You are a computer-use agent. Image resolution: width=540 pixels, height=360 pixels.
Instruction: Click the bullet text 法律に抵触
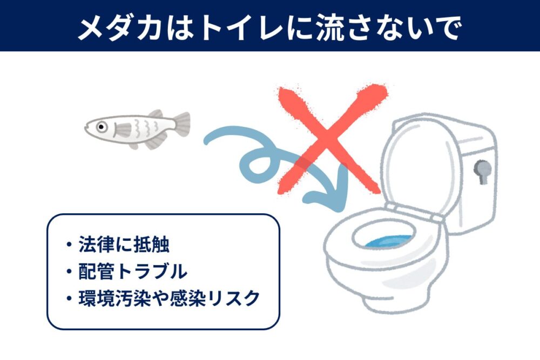click(x=124, y=246)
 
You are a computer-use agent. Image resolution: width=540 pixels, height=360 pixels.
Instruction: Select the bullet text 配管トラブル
click(x=133, y=271)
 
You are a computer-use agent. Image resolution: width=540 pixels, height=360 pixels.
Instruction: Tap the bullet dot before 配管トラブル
click(x=69, y=271)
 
